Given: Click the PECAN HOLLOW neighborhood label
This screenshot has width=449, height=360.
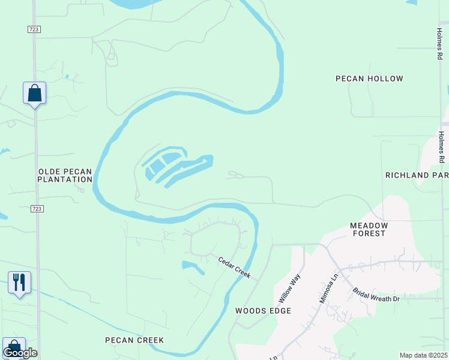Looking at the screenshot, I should point(369,79).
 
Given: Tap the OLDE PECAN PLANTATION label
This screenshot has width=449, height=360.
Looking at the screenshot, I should point(65,175).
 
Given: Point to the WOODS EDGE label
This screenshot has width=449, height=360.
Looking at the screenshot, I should point(263,311).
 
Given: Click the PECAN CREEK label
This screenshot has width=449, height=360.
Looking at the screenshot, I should point(134,340).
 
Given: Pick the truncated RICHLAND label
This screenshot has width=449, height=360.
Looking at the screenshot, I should point(417,175).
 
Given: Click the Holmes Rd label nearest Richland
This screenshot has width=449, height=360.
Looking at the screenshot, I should point(441,147).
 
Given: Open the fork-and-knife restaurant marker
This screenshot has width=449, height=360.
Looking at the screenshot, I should point(19,282).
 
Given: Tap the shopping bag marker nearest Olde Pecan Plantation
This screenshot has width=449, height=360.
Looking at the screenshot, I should point(34,93).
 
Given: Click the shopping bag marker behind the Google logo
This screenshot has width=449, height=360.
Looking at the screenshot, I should point(13,346).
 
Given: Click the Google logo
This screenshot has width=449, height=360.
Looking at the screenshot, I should point(20,353).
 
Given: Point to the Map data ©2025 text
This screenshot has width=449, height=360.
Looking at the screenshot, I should point(423,355).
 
